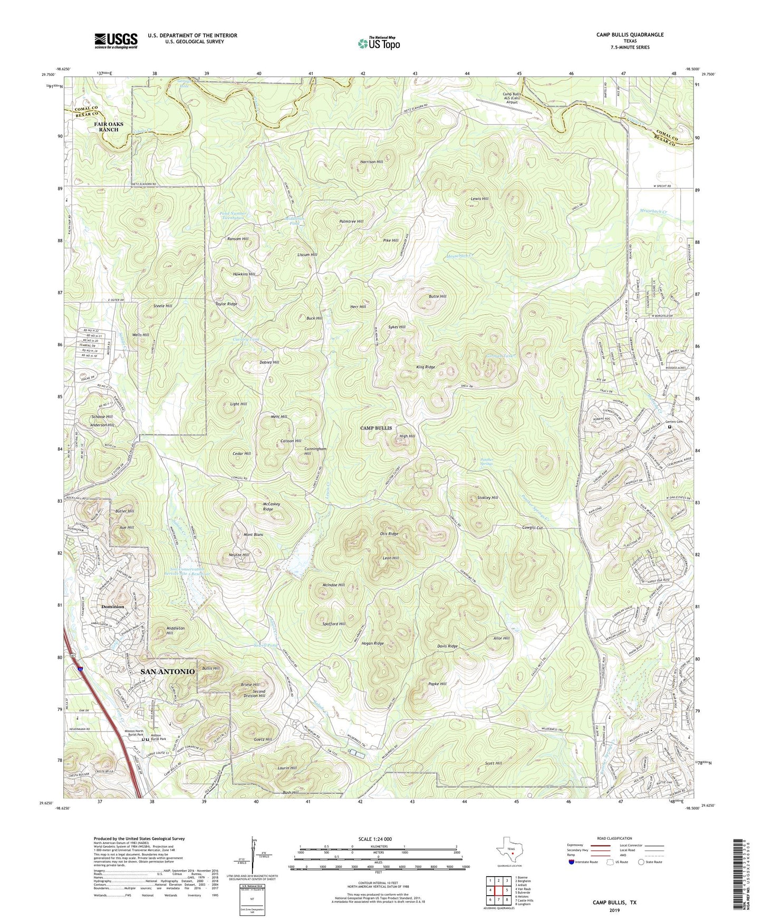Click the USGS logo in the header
coord(116,41)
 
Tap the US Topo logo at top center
coord(379,43)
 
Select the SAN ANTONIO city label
coord(167,671)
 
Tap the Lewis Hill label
coord(479,199)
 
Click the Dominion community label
coord(113,607)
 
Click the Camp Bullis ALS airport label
coord(512,98)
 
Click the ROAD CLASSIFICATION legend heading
coord(615,838)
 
